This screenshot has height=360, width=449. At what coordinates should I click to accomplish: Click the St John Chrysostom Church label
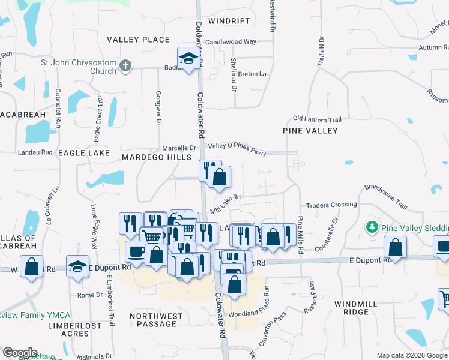coord(78,66)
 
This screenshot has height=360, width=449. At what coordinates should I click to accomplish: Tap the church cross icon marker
coord(125,66)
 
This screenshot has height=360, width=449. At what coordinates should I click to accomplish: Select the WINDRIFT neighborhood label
coord(229,21)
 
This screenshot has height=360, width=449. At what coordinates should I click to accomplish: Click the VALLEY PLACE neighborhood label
coord(138,40)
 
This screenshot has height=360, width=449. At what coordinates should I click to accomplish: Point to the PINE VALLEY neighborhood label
coord(310,130)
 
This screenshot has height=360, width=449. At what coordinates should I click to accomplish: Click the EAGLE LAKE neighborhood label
coord(83,153)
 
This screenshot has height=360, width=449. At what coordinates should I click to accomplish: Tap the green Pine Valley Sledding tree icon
coord(372,228)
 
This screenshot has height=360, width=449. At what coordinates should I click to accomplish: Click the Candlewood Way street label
coord(231,42)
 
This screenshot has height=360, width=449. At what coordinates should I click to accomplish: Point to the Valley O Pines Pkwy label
coord(237,146)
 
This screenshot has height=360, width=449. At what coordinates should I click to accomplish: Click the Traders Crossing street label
coord(331,205)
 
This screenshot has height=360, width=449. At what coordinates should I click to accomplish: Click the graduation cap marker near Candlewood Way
coord(188,58)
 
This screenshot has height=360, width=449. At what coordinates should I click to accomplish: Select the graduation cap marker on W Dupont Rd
coord(78,265)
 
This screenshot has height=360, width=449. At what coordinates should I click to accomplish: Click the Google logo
coord(20,353)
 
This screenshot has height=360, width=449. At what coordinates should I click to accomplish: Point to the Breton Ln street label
coord(252,74)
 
